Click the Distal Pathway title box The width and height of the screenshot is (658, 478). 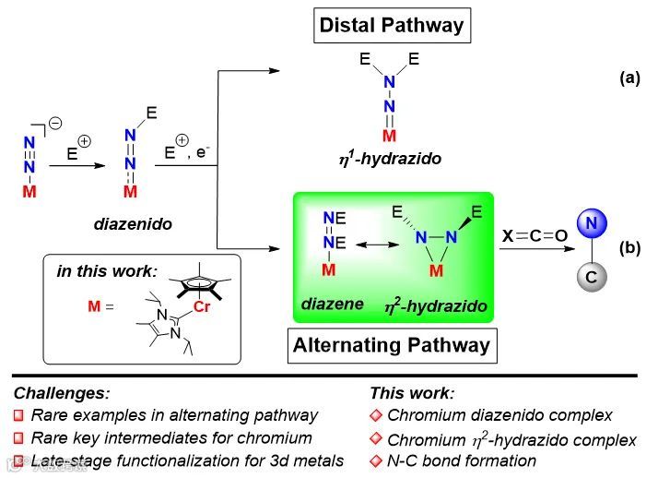392,25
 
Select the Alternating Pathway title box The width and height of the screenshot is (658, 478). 392,346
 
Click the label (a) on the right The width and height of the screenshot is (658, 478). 629,78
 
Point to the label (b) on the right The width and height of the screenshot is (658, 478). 629,247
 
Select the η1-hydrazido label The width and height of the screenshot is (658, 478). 389,159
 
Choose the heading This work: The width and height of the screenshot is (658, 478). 412,392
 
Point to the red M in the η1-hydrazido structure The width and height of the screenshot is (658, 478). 390,137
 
